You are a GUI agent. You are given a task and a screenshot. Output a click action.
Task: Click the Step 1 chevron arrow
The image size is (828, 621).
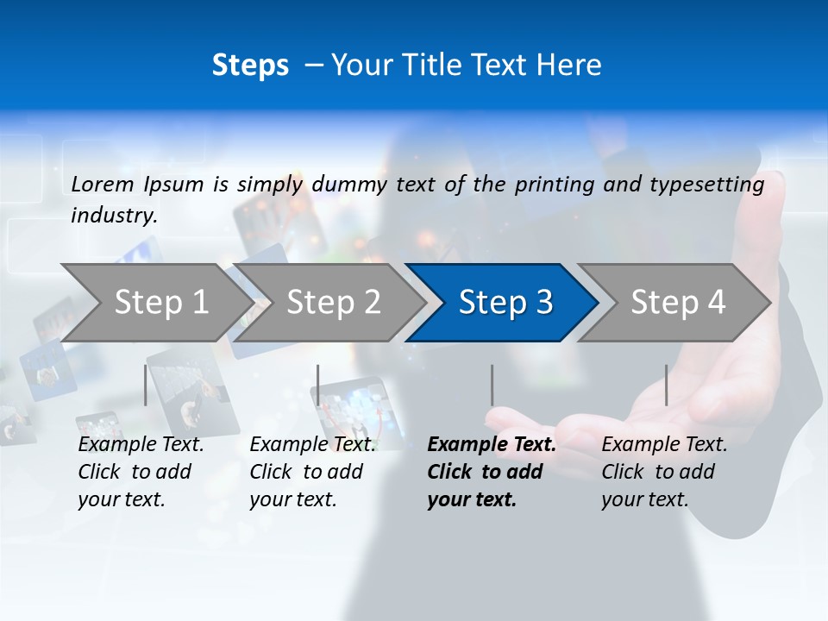coord(155,303)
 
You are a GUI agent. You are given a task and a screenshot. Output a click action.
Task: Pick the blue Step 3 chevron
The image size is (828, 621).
coord(501,303)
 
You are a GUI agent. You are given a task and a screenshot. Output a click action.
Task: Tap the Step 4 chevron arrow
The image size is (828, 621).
coord(674,303)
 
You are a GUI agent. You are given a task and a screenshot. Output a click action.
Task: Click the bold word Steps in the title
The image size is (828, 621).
coord(250,65)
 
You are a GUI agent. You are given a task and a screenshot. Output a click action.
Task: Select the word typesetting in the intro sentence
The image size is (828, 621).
coord(713,184)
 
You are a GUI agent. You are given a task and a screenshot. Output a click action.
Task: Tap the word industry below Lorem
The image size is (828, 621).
coord(114,215)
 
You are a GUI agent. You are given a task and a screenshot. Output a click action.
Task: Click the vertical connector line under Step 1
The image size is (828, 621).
coord(145,385)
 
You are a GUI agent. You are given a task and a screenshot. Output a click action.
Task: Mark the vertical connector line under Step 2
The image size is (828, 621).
coord(317,385)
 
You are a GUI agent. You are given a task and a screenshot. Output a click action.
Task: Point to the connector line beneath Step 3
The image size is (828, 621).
coord(492,385)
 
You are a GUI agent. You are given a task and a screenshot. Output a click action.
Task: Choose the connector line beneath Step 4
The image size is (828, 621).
coord(666,385)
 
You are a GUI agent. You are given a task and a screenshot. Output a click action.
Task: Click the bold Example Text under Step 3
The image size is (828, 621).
coord(492,445)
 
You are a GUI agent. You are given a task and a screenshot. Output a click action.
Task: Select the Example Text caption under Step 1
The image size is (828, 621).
coord(141,445)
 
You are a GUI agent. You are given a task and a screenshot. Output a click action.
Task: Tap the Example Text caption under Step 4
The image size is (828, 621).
coord(664,445)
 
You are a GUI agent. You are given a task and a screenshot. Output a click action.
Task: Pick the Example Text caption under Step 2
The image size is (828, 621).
coord(312,445)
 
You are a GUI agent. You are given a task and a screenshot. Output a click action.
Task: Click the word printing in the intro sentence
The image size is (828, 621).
coord(555,184)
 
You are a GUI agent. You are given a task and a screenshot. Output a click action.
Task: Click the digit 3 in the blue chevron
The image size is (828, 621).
coord(543,303)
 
